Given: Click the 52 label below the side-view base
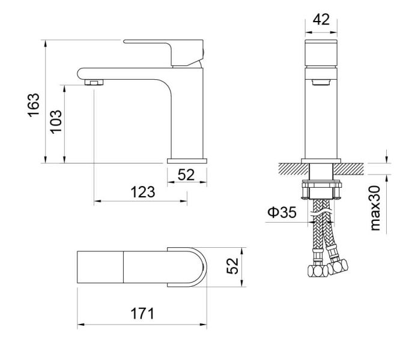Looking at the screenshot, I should pos(187,175).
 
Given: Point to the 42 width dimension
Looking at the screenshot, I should pos(322,19).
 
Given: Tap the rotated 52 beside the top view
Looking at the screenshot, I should pos(233,265).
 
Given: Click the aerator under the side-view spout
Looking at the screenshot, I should pos(95,81).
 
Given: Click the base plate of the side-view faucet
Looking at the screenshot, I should pos(187,160).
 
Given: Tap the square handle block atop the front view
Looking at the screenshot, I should pos(322,54).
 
